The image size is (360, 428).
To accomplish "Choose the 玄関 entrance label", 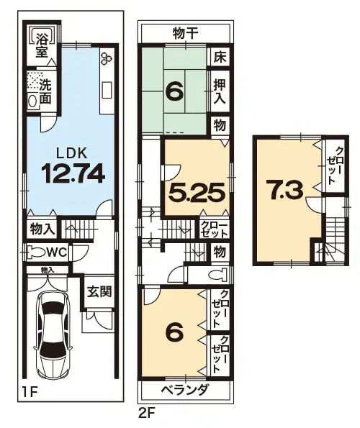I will (x=99, y=293).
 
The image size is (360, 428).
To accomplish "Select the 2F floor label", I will (x=146, y=414).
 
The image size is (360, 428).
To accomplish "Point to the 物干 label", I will (x=185, y=32).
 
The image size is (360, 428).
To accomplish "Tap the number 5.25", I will (x=197, y=192).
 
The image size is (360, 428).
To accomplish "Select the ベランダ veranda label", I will (x=185, y=390).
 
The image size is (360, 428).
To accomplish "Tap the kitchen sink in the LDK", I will (x=107, y=90).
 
